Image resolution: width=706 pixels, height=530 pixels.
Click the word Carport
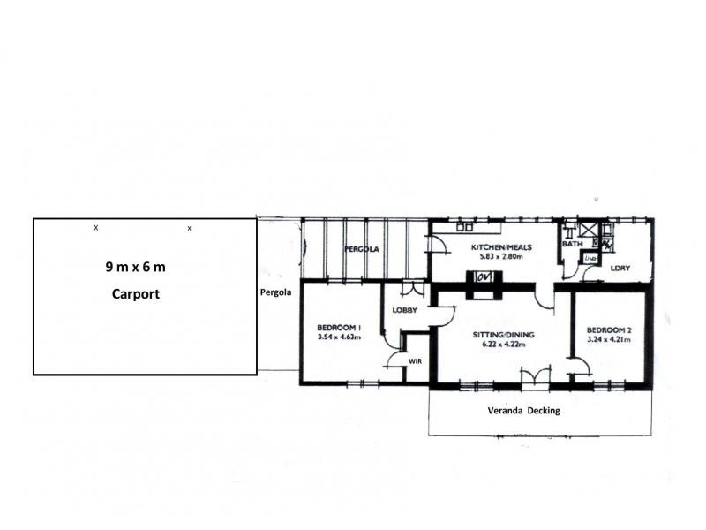[136, 294]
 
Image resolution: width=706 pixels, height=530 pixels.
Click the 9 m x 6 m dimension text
[136, 266]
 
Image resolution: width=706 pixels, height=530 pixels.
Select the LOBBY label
[405, 309]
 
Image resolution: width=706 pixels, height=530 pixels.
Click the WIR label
[415, 361]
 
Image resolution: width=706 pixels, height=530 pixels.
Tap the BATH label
[573, 244]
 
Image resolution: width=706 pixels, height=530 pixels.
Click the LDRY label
[619, 267]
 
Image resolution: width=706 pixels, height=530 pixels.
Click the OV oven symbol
[484, 277]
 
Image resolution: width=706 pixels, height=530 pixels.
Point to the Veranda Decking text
[523, 411]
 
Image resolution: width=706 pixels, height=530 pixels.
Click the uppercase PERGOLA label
[361, 249]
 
